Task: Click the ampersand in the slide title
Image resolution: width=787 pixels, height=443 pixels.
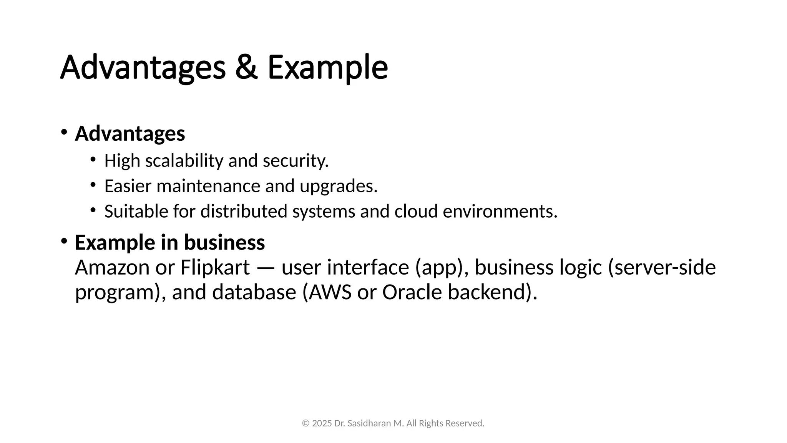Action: [x=246, y=68]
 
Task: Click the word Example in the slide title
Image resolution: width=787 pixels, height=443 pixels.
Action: [x=327, y=68]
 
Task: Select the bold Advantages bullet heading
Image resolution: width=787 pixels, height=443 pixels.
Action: [x=130, y=133]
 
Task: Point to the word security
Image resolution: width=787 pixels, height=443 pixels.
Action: [x=296, y=161]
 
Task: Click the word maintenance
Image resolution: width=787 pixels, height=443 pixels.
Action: [x=208, y=186]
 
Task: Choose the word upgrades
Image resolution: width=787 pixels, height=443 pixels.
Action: [x=339, y=186]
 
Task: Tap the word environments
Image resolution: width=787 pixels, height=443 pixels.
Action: [x=500, y=212]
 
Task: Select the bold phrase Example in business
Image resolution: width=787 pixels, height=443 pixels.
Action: [x=170, y=243]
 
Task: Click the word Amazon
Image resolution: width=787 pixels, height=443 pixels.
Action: [x=112, y=268]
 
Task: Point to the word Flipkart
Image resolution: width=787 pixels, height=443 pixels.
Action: [x=215, y=268]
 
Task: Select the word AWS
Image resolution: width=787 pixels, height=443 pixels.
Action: [x=330, y=292]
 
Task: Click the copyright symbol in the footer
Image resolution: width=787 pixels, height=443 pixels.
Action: [x=306, y=423]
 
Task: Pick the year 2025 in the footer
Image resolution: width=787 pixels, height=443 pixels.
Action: [x=322, y=423]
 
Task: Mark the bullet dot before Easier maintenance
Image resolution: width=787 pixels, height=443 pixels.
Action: [x=93, y=185]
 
